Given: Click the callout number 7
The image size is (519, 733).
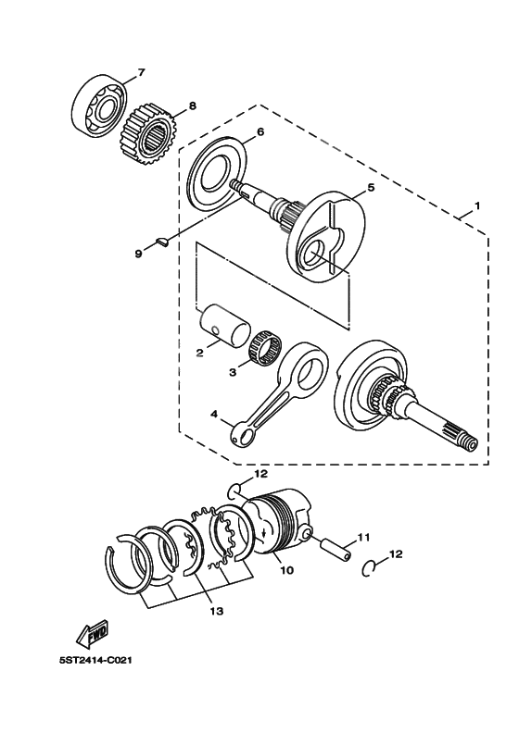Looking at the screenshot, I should pyautogui.click(x=141, y=72).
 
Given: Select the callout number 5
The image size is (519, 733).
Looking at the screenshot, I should pyautogui.click(x=370, y=187).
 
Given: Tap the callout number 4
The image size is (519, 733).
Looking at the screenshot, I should pyautogui.click(x=214, y=415).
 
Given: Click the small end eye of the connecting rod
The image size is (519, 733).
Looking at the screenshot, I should pyautogui.click(x=246, y=429).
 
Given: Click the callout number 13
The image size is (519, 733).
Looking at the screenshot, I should pyautogui.click(x=216, y=612).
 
